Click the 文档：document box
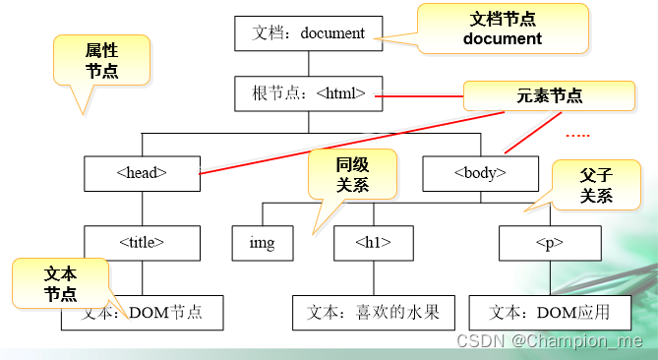point(307,32)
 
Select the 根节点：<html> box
point(307,93)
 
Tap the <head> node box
point(142,172)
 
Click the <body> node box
point(480,172)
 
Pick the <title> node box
point(142,241)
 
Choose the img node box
point(262,241)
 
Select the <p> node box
point(556,241)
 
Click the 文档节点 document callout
point(502,29)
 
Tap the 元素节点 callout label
point(548,95)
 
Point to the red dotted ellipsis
point(577,135)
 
